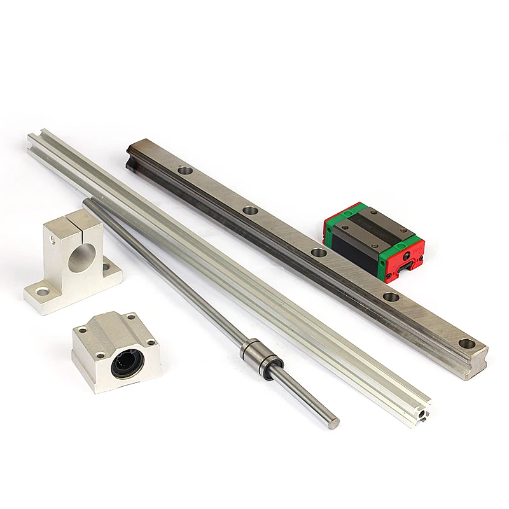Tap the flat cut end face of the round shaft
(334, 423)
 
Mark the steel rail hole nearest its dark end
(185, 171)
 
